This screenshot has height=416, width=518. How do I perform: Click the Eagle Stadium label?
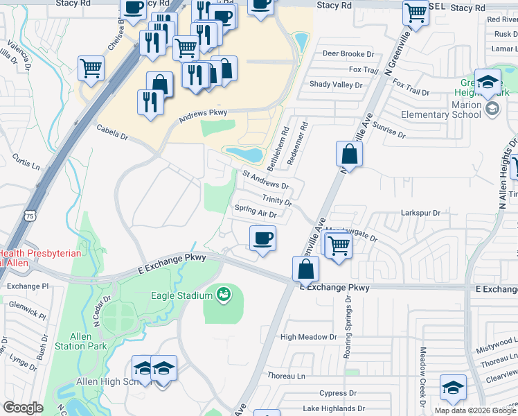181,295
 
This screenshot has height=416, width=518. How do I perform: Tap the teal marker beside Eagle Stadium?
223,295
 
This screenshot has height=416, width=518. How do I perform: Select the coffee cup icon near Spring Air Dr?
262,240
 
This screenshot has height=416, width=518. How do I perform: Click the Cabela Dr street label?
113,137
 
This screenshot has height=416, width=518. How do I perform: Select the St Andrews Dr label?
265,180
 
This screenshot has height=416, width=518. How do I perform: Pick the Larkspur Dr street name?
420,213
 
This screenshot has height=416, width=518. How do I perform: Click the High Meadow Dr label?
308,337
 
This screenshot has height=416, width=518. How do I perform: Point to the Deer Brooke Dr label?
348,53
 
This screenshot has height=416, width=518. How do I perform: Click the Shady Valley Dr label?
336,85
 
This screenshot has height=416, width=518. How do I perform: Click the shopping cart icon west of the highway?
91,68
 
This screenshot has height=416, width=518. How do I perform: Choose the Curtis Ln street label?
26,162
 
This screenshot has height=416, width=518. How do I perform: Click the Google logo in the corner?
23,408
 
